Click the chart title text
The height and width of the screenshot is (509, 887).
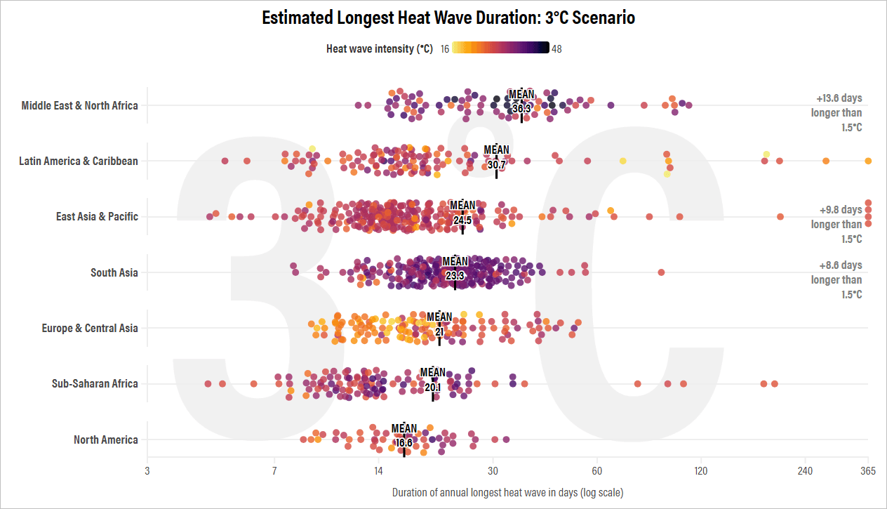coord(448,18)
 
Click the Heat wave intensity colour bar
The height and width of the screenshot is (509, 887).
coord(500,48)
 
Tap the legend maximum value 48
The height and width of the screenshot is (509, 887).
coord(556,49)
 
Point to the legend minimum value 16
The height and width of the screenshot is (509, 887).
coord(445,49)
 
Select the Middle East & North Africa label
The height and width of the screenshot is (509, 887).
coord(79,106)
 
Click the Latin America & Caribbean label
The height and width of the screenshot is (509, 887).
coord(79,161)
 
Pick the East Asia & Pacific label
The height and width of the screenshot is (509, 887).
coord(97,217)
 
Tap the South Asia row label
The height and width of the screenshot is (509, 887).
coord(114,272)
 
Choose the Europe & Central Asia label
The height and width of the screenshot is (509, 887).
coord(90,329)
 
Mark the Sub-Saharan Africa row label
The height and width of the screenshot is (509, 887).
coord(95,384)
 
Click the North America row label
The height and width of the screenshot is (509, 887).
coord(106,440)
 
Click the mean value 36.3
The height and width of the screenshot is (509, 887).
coord(521,109)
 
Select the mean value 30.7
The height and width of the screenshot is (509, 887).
coord(496,165)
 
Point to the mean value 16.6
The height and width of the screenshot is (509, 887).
coord(404,443)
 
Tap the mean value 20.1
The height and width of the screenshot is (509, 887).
coord(432,388)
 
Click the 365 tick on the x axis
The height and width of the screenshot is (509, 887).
coord(868,471)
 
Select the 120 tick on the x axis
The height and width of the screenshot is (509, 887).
coord(701,471)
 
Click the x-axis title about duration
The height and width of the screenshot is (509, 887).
coord(507,492)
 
